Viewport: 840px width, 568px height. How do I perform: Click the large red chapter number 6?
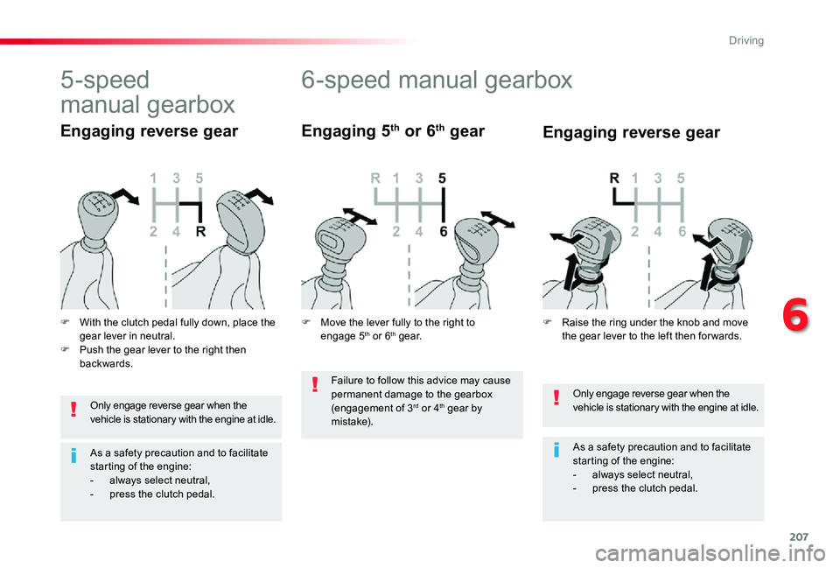[795, 316]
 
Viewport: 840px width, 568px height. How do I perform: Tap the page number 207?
[799, 536]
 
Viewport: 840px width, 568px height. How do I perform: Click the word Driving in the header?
[746, 41]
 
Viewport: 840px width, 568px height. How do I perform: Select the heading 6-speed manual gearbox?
[437, 80]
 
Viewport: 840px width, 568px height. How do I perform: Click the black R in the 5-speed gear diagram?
[200, 231]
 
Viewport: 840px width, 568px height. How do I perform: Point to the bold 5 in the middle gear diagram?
[442, 178]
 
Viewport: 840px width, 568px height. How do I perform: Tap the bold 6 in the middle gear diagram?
[443, 231]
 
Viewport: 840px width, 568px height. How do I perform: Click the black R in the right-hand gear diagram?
[614, 178]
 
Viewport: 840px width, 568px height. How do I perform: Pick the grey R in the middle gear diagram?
[375, 178]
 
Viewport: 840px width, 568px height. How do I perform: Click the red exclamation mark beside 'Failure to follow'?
[315, 385]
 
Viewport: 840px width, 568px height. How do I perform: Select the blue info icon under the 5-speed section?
[73, 456]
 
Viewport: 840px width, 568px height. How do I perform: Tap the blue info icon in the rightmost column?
[556, 450]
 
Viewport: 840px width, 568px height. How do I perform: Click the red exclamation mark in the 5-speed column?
[73, 410]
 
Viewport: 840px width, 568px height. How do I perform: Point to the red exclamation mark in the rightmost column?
[556, 397]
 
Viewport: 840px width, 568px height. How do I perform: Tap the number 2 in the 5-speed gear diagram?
[153, 231]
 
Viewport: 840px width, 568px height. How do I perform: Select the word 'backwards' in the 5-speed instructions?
[104, 364]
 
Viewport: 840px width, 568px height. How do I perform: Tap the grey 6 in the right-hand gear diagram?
[682, 231]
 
